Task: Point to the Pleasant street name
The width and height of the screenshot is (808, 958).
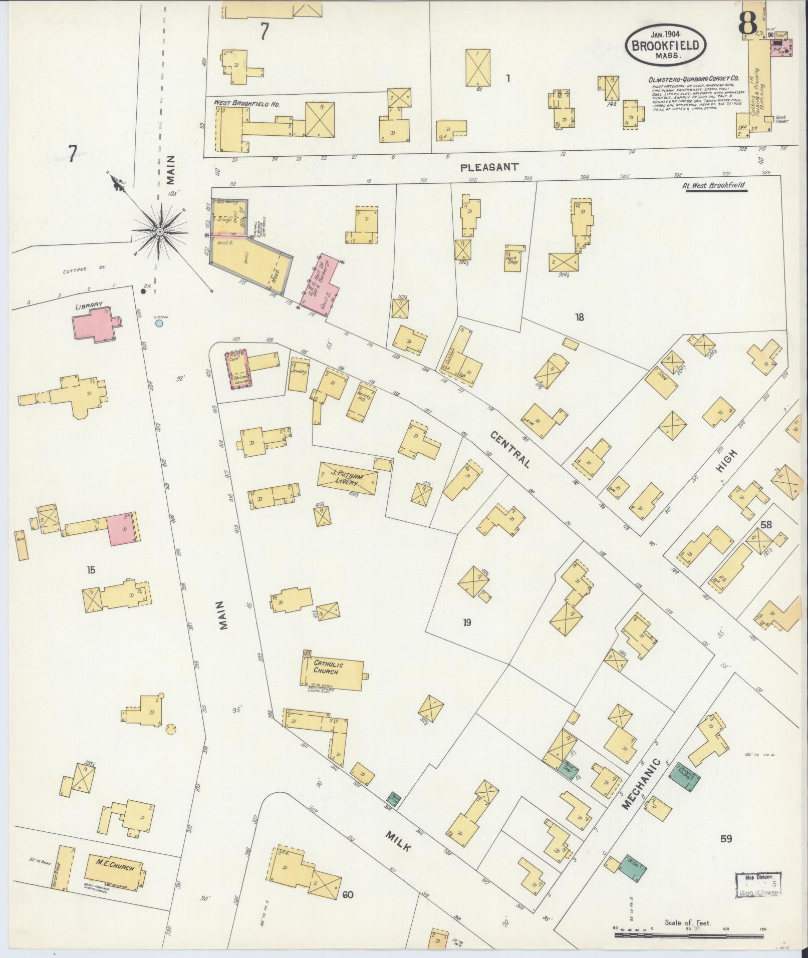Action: point(489,167)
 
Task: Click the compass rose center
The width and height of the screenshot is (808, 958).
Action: point(159,231)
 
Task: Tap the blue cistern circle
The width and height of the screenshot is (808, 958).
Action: point(159,324)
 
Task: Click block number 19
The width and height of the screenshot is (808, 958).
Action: point(467,622)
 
